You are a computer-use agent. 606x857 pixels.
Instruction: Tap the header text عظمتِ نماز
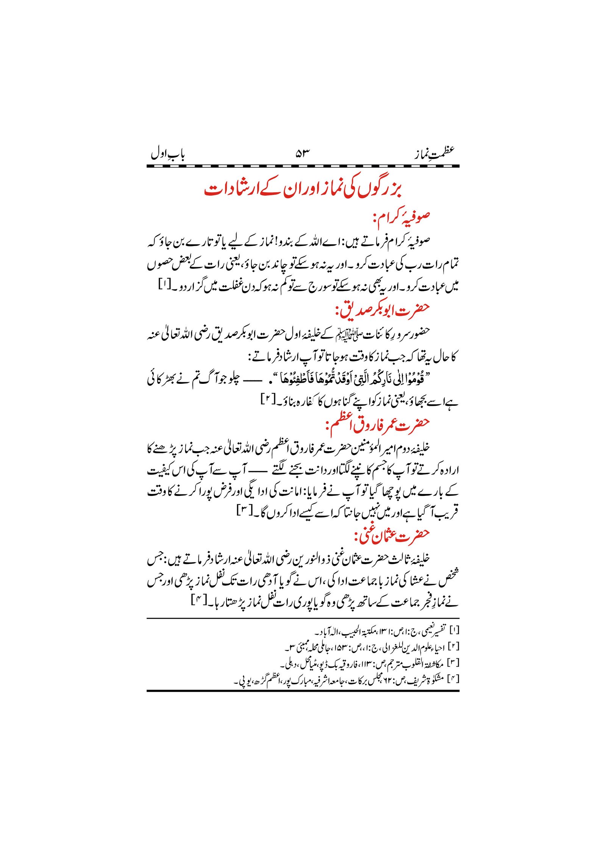[x=434, y=153]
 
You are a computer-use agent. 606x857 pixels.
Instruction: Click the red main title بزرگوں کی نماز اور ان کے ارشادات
[x=303, y=189]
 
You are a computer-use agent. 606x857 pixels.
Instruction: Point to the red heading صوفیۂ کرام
[x=401, y=218]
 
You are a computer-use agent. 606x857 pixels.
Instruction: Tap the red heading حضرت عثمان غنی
[x=392, y=535]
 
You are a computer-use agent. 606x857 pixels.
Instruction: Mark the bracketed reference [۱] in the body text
[x=165, y=284]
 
